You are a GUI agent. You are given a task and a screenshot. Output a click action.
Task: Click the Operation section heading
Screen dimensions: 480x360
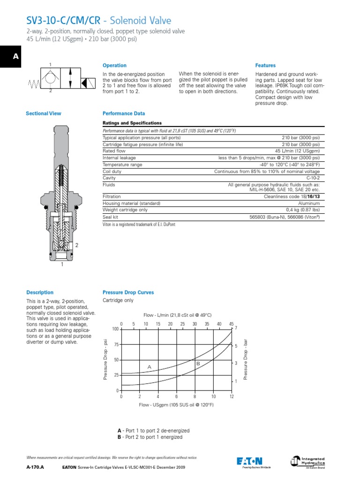coord(114,66)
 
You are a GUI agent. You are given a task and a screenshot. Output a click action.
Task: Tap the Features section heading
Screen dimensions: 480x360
coord(265,66)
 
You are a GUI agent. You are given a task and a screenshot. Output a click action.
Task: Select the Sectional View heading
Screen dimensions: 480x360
coord(44,113)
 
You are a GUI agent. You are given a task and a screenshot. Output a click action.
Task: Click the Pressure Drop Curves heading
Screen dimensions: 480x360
coord(128,292)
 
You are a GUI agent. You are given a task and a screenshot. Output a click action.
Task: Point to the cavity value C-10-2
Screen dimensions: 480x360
coord(313,178)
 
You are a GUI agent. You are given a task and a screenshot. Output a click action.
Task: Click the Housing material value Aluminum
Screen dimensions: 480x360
coord(309,203)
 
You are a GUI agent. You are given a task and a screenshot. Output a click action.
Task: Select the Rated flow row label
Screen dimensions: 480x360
coord(113,151)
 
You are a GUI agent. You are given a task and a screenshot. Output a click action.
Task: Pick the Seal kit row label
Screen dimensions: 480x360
coord(110,217)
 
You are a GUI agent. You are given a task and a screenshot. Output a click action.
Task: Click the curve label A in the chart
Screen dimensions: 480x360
coord(150,367)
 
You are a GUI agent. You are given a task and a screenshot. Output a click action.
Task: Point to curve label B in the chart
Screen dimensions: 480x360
coord(198,363)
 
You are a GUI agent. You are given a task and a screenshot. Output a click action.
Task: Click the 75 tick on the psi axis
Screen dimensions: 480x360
coord(116,345)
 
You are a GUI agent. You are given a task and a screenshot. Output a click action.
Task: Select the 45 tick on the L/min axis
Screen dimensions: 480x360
coord(231,324)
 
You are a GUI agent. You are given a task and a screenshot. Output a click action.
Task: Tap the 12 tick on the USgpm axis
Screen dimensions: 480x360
coord(231,397)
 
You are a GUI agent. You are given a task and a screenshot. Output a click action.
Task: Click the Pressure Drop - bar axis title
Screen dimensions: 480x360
coord(245,360)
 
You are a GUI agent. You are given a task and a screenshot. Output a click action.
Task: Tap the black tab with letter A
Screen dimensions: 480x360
coord(16,57)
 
